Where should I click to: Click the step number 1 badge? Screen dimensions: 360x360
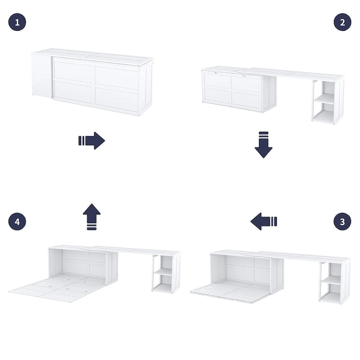pos(17,22)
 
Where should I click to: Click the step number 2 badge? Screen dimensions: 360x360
pos(342,22)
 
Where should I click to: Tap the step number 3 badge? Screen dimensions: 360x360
pos(342,221)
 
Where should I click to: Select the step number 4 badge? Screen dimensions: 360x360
pos(17,221)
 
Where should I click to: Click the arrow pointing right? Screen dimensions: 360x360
pos(92,140)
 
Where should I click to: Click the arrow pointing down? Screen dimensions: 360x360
pos(264,144)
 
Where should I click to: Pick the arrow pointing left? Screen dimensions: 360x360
pos(264,221)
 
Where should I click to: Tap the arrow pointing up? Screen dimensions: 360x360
pos(92,216)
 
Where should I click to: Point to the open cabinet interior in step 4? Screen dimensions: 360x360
pos(83,264)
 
